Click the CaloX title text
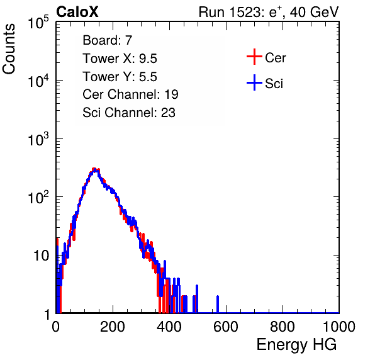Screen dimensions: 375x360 click(77, 12)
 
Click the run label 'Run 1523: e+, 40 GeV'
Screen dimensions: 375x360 click(269, 12)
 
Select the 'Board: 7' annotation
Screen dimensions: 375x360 click(108, 40)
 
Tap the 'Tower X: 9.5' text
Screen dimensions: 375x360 click(120, 59)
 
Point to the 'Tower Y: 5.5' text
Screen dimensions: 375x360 click(120, 77)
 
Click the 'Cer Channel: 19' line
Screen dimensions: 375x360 click(130, 94)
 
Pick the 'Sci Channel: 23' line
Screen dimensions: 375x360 click(129, 113)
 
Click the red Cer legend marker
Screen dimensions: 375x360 click(254, 57)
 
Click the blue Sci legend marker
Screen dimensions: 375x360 click(254, 82)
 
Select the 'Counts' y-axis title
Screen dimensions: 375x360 click(9, 49)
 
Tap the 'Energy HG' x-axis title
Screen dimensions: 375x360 click(296, 345)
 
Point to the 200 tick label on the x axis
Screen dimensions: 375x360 click(113, 327)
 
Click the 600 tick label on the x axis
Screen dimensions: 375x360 click(226, 327)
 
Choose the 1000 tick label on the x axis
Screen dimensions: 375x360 click(339, 327)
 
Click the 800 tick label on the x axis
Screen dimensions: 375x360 click(283, 327)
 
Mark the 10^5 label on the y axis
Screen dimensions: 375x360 click(38, 23)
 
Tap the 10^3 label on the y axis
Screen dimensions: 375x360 click(38, 139)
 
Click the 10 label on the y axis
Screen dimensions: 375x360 click(41, 256)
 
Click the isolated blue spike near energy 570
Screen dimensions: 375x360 click(218, 304)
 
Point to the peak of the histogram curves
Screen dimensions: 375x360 click(95, 169)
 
